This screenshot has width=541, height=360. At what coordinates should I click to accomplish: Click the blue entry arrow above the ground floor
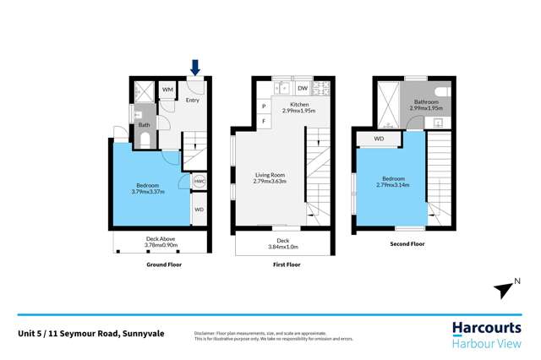pos(196,66)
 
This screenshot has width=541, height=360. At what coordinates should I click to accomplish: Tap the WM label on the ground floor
pos(167,89)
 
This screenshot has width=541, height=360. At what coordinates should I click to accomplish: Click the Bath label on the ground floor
pos(145,125)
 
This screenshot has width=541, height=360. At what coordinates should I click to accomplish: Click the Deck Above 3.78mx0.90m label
pos(161,243)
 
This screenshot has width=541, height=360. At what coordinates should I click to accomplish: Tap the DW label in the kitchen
pos(303,88)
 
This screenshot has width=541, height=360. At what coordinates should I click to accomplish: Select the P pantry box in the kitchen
pos(264,106)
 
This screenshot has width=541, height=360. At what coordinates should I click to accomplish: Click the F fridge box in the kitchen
pos(264,121)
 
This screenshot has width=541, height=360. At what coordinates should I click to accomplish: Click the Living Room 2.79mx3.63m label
pos(270,178)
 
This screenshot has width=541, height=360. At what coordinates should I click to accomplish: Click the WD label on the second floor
pos(379,139)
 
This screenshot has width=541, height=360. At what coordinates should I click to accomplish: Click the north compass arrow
pos(504,290)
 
